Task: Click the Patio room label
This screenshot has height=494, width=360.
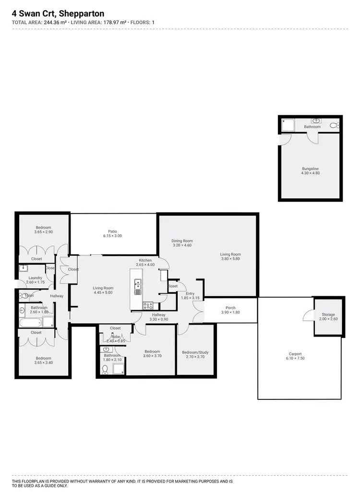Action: [x=112, y=231]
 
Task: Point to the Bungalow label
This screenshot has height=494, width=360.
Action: [x=310, y=169]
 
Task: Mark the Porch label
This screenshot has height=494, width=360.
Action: [x=230, y=308]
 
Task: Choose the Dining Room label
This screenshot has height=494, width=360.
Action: [x=182, y=241]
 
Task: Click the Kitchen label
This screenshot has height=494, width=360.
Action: [x=145, y=260]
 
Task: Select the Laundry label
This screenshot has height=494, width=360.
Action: [x=36, y=278]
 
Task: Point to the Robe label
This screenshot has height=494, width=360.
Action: [x=115, y=337]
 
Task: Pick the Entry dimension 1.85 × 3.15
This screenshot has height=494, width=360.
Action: [x=190, y=298]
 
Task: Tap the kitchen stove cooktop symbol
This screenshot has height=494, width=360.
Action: [x=148, y=305]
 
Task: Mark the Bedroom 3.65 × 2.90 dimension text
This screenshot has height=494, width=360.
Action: [x=43, y=232]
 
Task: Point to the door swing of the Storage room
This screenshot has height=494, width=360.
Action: [x=308, y=315]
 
